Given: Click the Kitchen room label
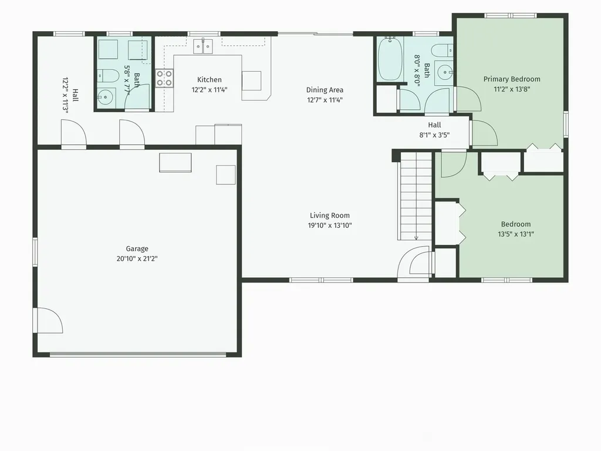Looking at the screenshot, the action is (x=210, y=80).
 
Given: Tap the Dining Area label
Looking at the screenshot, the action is (x=325, y=90).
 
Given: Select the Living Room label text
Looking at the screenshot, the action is (x=330, y=216).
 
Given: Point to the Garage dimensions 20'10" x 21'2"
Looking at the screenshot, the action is (x=137, y=259).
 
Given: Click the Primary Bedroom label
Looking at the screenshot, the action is (x=512, y=79).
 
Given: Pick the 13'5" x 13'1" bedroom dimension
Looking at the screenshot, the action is (x=516, y=234).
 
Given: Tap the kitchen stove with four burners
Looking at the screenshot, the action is (x=164, y=78).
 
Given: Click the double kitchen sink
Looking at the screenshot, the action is (x=202, y=46).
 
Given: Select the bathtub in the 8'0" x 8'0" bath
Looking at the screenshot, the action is (x=390, y=59).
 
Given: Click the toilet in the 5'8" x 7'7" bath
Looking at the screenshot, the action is (x=107, y=76).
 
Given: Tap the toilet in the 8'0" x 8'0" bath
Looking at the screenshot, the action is (x=443, y=51).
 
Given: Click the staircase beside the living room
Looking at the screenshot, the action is (x=416, y=196).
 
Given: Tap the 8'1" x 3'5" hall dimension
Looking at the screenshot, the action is (x=434, y=135).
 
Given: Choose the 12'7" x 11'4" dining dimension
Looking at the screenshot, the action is (x=325, y=100).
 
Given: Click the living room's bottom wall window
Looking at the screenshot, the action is (x=321, y=280).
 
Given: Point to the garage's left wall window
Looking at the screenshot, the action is (x=35, y=252).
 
